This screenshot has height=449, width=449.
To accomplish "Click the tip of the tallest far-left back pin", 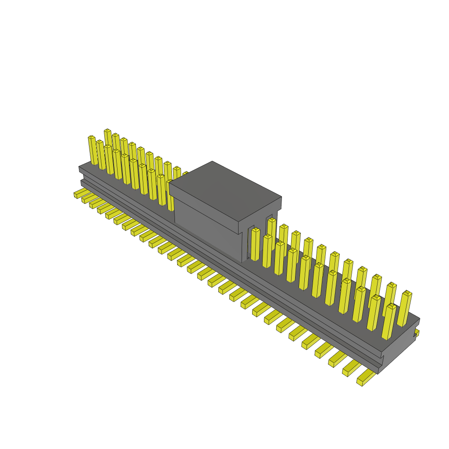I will click(x=107, y=131).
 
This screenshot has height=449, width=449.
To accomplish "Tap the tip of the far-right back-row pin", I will click(x=407, y=292).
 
